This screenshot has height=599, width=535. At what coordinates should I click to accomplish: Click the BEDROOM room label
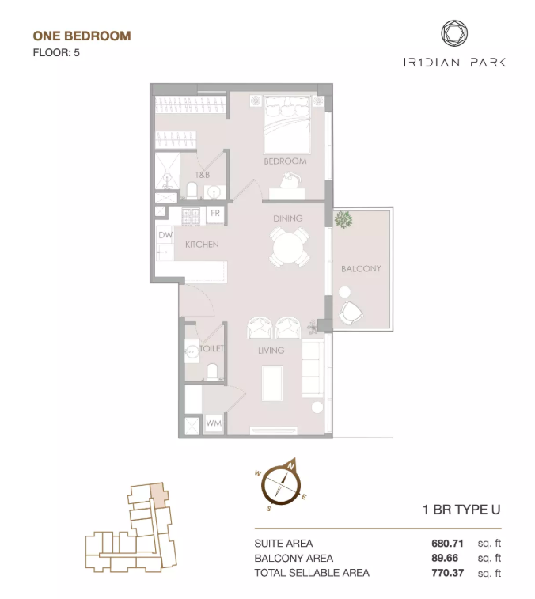[x=285, y=161]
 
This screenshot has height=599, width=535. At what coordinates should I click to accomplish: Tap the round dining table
[x=290, y=247]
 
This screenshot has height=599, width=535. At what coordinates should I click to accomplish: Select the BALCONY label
[x=361, y=268]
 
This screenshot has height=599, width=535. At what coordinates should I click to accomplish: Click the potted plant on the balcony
[x=343, y=220]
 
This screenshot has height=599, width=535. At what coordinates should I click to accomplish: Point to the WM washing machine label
[x=214, y=423]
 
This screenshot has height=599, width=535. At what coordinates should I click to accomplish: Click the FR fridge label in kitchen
[x=215, y=213]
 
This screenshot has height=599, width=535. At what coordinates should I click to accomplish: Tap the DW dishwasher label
[x=165, y=235]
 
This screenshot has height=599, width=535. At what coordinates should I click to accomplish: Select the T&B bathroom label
[x=203, y=175]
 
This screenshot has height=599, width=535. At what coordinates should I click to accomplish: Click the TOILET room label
[x=211, y=348]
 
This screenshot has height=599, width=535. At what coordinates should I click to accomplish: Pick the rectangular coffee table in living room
[x=272, y=383]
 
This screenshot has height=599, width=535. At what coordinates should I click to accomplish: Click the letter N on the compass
[x=290, y=466]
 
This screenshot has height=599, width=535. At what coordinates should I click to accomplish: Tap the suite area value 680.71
[x=447, y=544]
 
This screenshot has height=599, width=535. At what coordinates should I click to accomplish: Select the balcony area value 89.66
[x=445, y=558]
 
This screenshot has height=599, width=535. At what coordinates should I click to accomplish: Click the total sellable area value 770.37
[x=447, y=573]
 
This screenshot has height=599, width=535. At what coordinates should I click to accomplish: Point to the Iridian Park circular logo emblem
[x=454, y=33]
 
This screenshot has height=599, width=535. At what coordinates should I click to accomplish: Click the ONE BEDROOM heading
[x=82, y=36]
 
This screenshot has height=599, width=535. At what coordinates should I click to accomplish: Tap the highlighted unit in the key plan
[x=158, y=495]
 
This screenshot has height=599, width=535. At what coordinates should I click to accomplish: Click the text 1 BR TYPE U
[x=461, y=510]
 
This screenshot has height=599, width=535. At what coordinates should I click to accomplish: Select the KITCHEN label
[x=202, y=245]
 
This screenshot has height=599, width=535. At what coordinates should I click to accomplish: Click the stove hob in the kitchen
[x=190, y=217]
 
